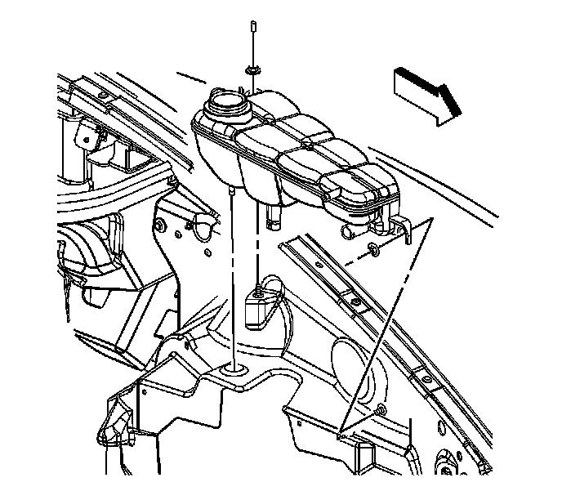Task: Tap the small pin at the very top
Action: pyautogui.click(x=254, y=29)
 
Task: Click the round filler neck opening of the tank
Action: pyautogui.click(x=225, y=105)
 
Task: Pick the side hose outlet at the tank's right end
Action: pyautogui.click(x=352, y=232)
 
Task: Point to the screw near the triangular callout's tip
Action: pyautogui.click(x=381, y=408)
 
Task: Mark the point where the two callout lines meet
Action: pyautogui.click(x=342, y=428)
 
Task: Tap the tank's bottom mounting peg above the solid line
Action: pyautogui.click(x=236, y=191)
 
